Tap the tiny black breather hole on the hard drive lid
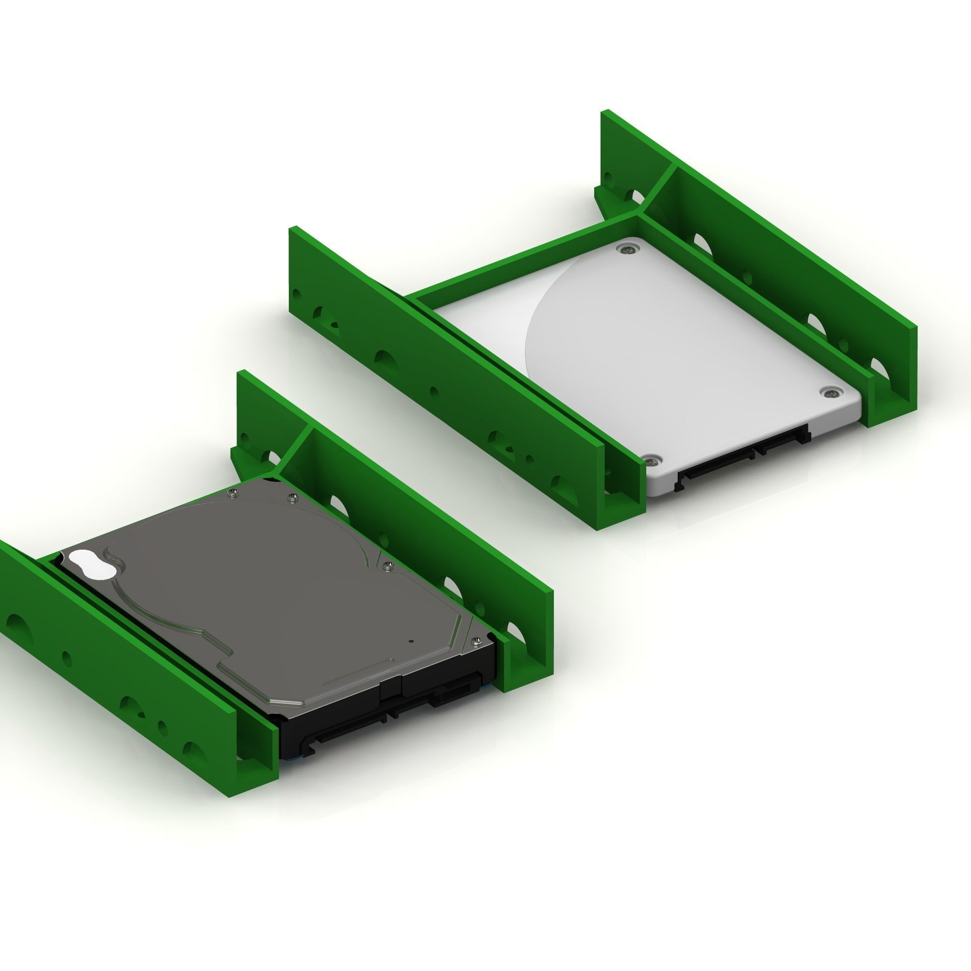411,641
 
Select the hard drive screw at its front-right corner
476,641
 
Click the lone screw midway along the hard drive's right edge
386,567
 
